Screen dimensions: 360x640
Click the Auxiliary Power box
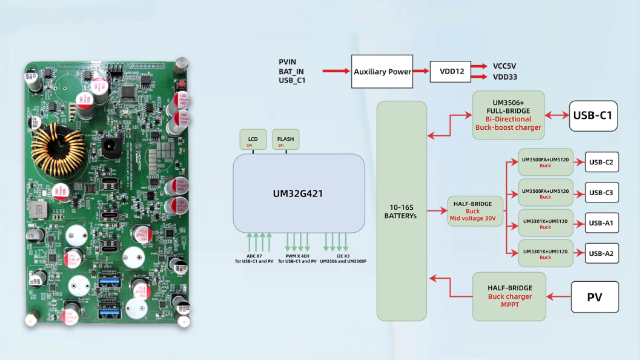tap(382, 72)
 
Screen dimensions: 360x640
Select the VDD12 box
tap(450, 72)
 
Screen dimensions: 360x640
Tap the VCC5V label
tap(504, 66)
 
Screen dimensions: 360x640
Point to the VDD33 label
tap(505, 77)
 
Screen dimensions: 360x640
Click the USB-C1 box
tap(593, 116)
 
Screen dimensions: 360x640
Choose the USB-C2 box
tap(602, 162)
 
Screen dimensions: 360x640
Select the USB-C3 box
tap(602, 193)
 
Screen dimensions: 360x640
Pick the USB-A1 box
tap(602, 223)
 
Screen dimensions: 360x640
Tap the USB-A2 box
tap(602, 253)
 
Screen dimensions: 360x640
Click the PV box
tap(595, 297)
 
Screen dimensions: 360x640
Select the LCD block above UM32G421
tap(253, 139)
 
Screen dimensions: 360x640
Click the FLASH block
tap(286, 139)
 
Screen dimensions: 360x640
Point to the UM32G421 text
tap(298, 194)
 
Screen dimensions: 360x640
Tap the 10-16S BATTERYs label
tap(401, 212)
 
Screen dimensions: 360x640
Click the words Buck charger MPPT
tap(510, 300)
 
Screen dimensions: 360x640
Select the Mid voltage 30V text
tap(473, 218)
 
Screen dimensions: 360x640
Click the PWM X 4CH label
tap(297, 256)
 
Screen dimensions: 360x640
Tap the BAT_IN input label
tap(291, 72)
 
